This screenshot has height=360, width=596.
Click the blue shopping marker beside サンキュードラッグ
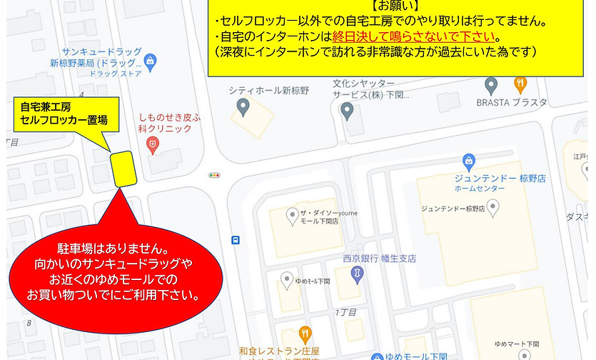click(150, 61)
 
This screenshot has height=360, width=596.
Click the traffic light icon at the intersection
click(214, 174)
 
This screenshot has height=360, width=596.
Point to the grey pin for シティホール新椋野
click(243, 108)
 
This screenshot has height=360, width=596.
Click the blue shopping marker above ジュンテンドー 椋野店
click(469, 161)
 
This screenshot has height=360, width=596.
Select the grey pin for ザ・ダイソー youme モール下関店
click(291, 214)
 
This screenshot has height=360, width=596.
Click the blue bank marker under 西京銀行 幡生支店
click(358, 273)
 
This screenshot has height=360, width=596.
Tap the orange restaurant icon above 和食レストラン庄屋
click(305, 333)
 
